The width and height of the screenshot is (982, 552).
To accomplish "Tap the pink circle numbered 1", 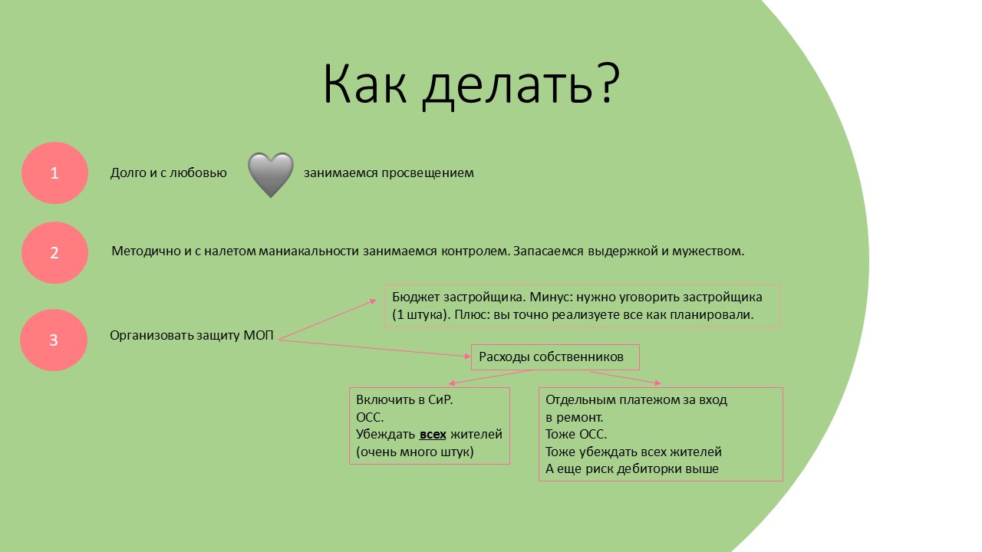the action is pyautogui.click(x=54, y=173).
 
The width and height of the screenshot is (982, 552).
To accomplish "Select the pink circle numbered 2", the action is pyautogui.click(x=54, y=253).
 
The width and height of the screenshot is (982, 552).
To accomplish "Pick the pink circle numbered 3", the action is pyautogui.click(x=54, y=340).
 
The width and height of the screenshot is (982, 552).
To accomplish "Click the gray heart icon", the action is pyautogui.click(x=271, y=175).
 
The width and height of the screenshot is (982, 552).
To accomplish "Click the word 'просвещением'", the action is pyautogui.click(x=427, y=173).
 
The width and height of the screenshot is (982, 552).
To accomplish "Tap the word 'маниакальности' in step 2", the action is pyautogui.click(x=308, y=251).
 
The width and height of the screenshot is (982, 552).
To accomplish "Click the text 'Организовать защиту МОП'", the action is pyautogui.click(x=192, y=336).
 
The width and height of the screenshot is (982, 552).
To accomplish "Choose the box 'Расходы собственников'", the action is pyautogui.click(x=555, y=357).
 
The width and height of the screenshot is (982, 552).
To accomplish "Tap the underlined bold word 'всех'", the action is pyautogui.click(x=433, y=435).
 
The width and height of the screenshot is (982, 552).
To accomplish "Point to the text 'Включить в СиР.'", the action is pyautogui.click(x=404, y=400).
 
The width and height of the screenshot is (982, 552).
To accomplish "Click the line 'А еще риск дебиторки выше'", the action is pyautogui.click(x=632, y=469).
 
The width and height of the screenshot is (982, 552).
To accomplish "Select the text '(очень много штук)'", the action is pyautogui.click(x=415, y=452).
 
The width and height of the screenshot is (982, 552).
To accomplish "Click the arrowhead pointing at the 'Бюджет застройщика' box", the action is pyautogui.click(x=373, y=301).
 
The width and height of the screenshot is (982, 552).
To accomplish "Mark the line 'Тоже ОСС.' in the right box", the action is pyautogui.click(x=576, y=435).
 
